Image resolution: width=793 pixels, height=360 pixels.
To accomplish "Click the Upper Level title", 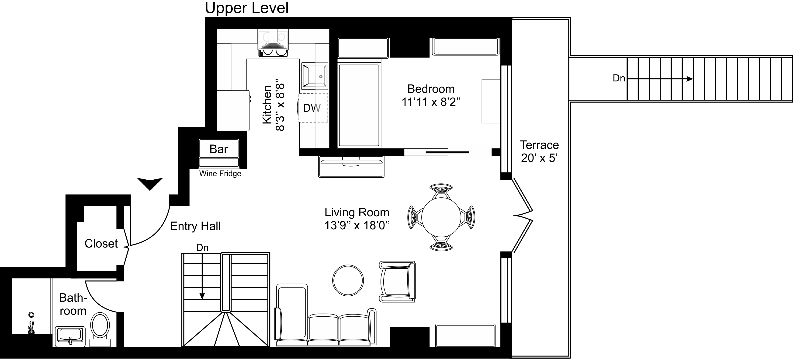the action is [x=247, y=8].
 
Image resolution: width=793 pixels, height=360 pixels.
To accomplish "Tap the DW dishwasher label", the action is [x=312, y=108].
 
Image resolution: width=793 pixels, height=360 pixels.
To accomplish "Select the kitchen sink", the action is [x=315, y=75].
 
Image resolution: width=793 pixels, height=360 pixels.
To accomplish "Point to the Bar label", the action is [x=218, y=149].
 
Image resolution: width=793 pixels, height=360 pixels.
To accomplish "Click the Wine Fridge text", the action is [x=220, y=174].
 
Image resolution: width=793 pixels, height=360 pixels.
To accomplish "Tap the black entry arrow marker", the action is [x=150, y=184].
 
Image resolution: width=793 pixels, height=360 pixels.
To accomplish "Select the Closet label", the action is [x=101, y=244].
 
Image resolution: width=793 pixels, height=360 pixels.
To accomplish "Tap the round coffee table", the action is [x=348, y=280].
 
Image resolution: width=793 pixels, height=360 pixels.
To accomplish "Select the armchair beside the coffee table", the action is [x=397, y=281].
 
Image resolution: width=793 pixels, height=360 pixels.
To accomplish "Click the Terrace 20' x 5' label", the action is [x=539, y=151].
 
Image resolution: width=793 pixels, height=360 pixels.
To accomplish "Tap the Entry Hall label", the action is [x=195, y=226].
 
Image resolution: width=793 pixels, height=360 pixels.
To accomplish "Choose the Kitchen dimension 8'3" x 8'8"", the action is [x=280, y=107].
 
